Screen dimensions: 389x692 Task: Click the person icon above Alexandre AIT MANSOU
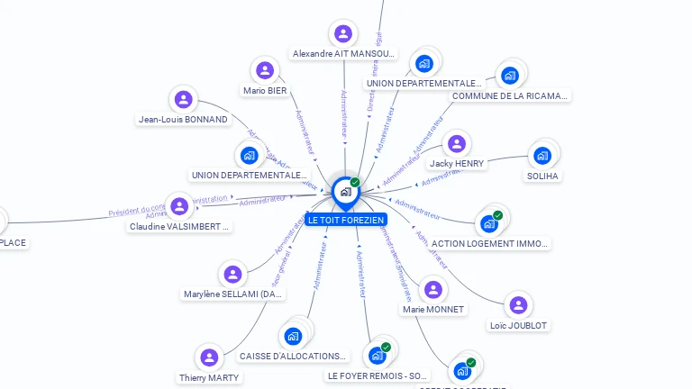click(342, 34)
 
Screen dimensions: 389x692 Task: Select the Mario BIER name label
click(265, 90)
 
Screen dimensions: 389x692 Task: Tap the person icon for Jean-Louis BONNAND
click(183, 99)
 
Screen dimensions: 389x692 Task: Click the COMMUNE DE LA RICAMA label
click(510, 95)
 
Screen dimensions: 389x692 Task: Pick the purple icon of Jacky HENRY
click(457, 144)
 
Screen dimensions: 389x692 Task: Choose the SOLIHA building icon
click(542, 156)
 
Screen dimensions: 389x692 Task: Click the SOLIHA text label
click(543, 176)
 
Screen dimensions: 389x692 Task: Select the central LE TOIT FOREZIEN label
click(345, 220)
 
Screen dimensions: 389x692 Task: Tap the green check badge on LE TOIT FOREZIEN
click(355, 183)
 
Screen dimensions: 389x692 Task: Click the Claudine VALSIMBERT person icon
click(179, 207)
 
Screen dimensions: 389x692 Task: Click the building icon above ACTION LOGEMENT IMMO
click(489, 222)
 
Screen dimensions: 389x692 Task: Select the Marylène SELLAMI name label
click(233, 294)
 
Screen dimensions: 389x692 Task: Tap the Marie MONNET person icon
click(433, 290)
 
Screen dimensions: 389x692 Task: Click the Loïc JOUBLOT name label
click(518, 325)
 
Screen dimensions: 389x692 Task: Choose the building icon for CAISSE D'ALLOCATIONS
click(292, 337)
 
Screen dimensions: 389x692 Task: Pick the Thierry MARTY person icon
click(209, 357)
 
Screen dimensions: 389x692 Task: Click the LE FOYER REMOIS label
click(378, 375)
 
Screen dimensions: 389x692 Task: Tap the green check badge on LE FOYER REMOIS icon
click(386, 347)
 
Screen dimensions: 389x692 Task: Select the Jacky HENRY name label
click(457, 164)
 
